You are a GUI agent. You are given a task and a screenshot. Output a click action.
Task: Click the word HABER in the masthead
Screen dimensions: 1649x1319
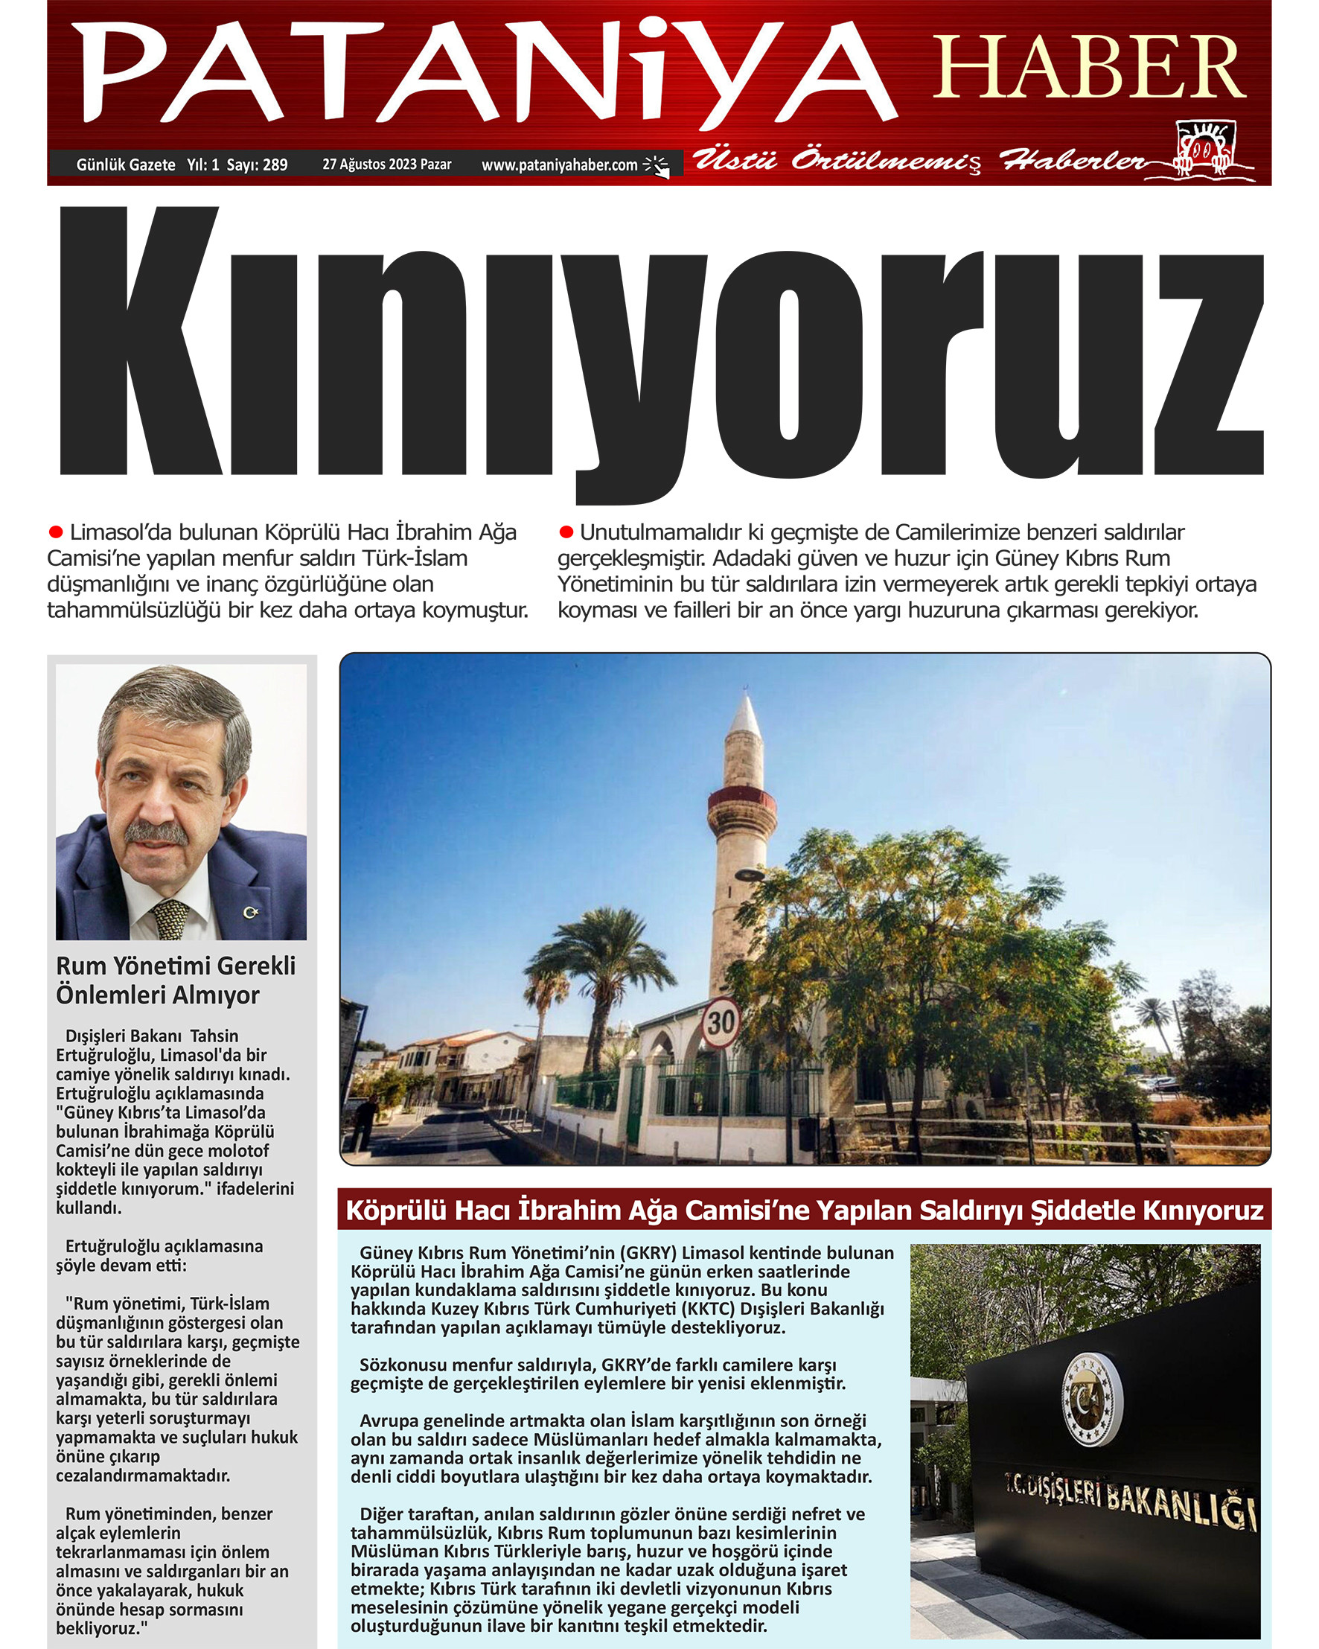1090,68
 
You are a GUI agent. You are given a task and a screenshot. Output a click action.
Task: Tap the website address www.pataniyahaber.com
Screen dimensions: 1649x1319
559,165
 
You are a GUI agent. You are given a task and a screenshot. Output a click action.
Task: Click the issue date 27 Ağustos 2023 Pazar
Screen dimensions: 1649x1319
386,165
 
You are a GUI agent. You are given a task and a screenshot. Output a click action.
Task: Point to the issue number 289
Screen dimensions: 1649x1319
275,165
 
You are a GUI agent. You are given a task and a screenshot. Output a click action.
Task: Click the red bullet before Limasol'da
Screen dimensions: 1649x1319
56,532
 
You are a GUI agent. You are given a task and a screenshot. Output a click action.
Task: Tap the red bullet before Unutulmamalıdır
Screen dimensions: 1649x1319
566,532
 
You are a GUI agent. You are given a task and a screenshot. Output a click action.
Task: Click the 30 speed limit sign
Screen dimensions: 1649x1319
720,1022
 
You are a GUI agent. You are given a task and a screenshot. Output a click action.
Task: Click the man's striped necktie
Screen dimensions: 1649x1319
170,919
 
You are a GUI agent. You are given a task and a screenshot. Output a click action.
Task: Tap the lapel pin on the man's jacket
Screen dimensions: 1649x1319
250,911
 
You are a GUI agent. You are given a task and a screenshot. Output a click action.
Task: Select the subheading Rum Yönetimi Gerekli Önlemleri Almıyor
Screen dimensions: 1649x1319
175,980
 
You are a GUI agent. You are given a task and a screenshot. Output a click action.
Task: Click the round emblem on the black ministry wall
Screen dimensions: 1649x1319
1091,1400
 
